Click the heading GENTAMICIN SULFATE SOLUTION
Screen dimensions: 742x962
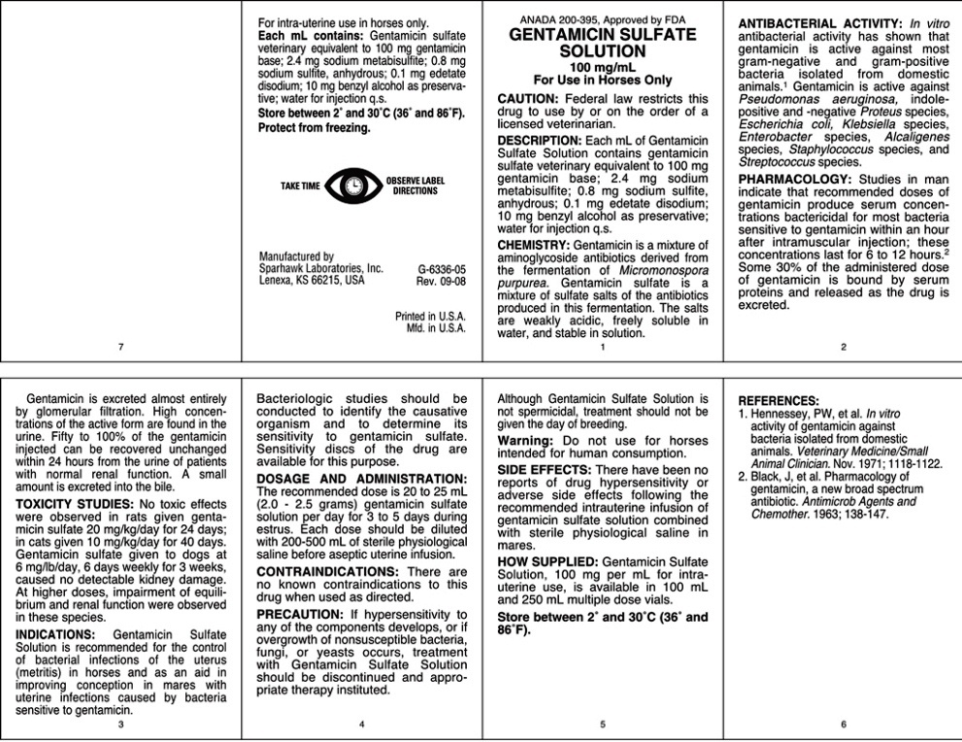603,43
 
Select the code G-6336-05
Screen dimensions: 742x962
442,268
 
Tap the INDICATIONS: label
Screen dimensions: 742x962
55,634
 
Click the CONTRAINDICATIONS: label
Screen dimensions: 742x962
326,571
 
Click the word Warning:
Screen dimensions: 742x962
525,440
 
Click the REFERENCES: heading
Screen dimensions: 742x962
779,400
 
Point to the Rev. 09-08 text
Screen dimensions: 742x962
442,281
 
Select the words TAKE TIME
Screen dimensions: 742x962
300,185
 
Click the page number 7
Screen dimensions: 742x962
120,347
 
